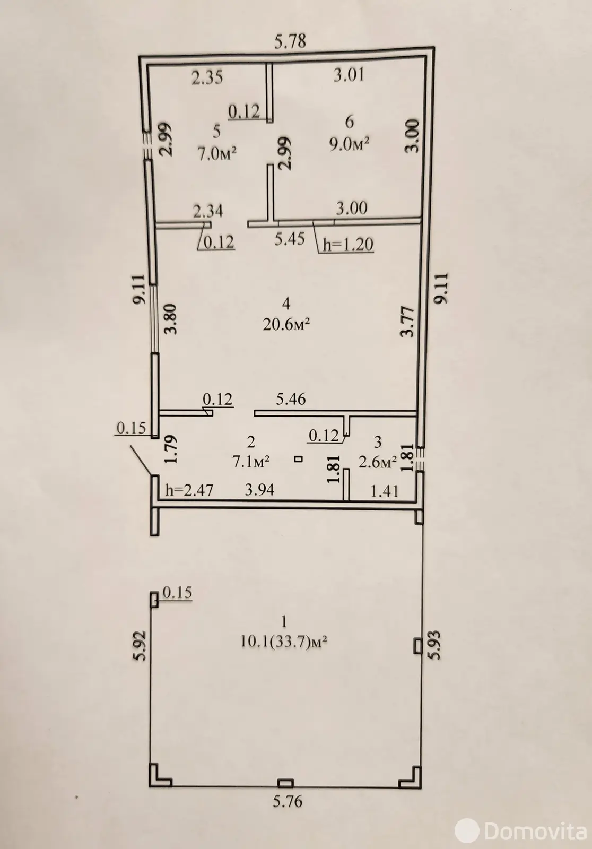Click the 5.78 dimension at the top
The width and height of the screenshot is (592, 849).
(290, 41)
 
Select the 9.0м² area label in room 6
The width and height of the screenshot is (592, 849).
(349, 144)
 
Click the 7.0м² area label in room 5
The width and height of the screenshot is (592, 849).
(216, 154)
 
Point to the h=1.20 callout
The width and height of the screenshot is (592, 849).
(348, 244)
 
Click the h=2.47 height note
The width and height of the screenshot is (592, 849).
(189, 490)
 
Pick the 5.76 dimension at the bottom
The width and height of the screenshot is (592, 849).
(288, 801)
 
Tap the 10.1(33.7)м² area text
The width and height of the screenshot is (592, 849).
(284, 642)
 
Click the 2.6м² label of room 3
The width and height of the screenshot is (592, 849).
(378, 462)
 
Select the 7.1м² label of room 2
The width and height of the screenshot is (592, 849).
(251, 462)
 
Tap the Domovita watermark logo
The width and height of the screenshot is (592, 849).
(522, 831)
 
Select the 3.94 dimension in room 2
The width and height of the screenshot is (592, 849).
(259, 489)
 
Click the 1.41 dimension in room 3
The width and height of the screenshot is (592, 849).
(385, 491)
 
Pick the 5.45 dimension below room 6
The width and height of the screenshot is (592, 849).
(290, 239)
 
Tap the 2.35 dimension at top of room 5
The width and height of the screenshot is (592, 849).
(207, 78)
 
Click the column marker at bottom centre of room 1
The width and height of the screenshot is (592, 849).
(286, 783)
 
